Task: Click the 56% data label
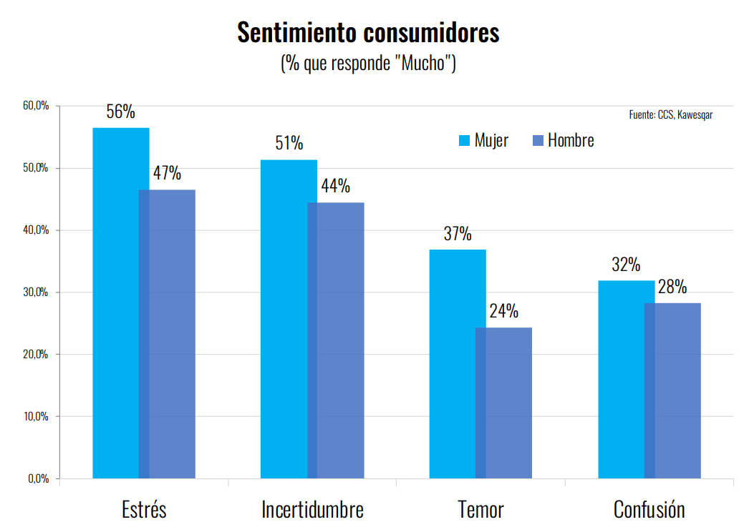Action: pyautogui.click(x=120, y=112)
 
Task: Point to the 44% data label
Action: pyautogui.click(x=335, y=187)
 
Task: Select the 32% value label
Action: pyautogui.click(x=626, y=265)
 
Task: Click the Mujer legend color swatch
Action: pyautogui.click(x=463, y=141)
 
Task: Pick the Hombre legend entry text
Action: pyautogui.click(x=571, y=141)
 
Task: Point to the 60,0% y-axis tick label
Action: pyautogui.click(x=36, y=106)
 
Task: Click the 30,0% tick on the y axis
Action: pyautogui.click(x=36, y=292)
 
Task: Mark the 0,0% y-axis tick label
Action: pyautogui.click(x=38, y=478)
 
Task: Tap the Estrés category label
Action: pyautogui.click(x=144, y=510)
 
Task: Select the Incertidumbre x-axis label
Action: pyautogui.click(x=312, y=510)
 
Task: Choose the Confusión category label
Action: pyautogui.click(x=649, y=510)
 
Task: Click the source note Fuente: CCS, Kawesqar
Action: pyautogui.click(x=670, y=114)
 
